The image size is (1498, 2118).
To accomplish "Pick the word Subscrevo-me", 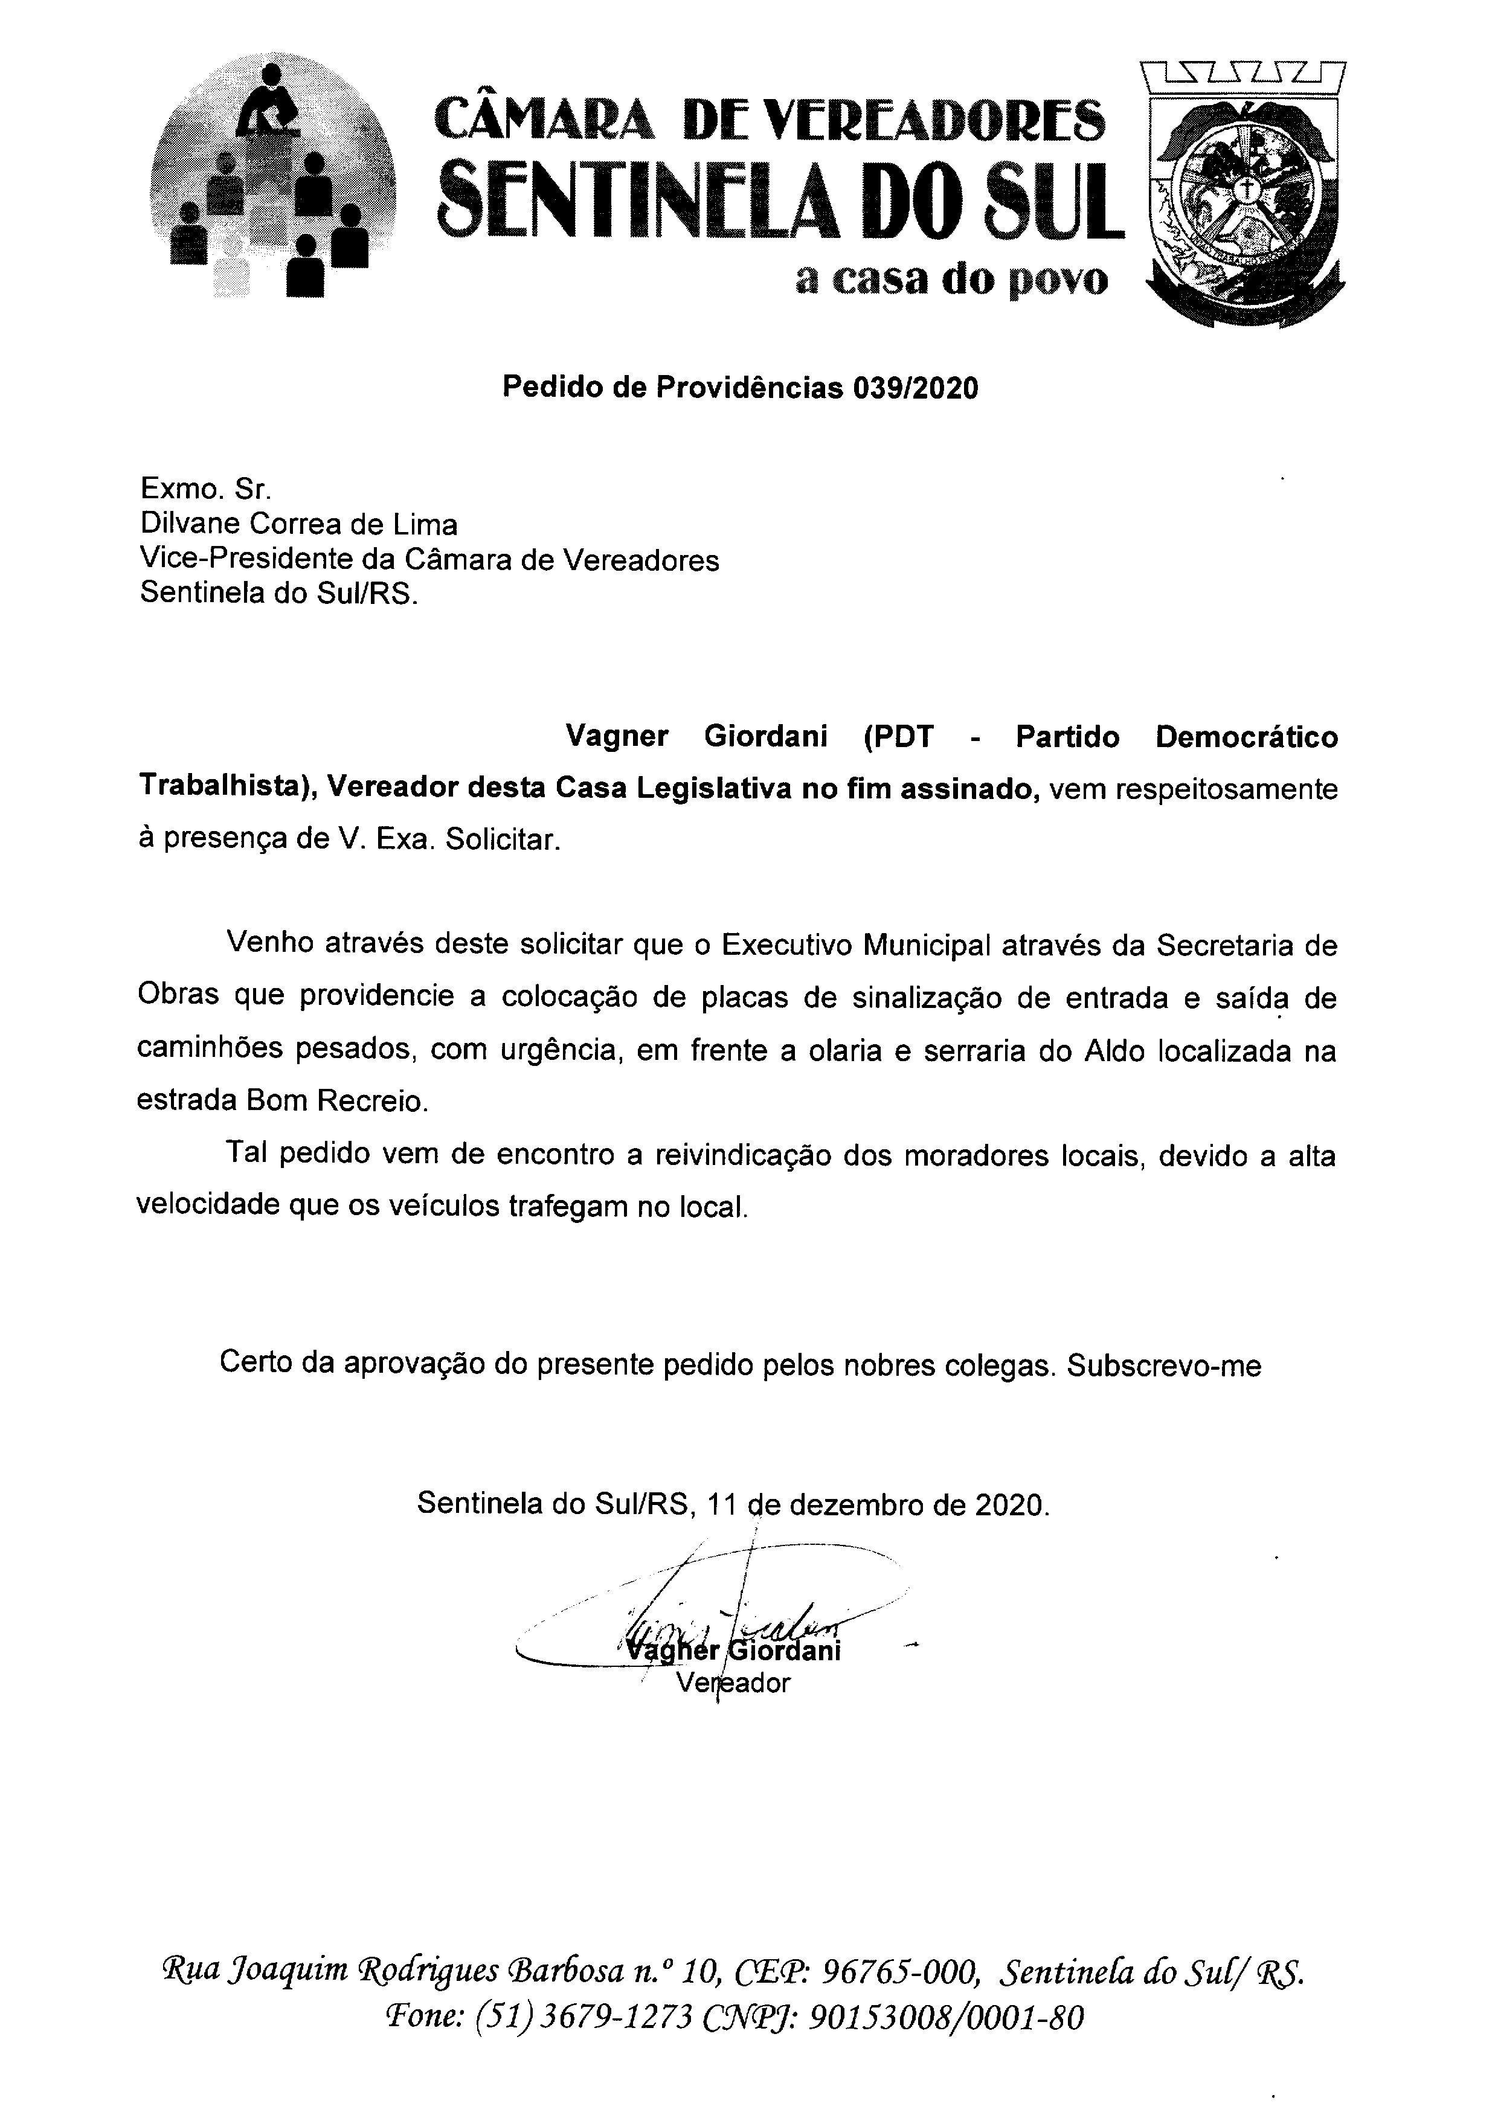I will [x=1164, y=1365].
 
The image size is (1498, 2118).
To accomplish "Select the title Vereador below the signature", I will [x=733, y=1683].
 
